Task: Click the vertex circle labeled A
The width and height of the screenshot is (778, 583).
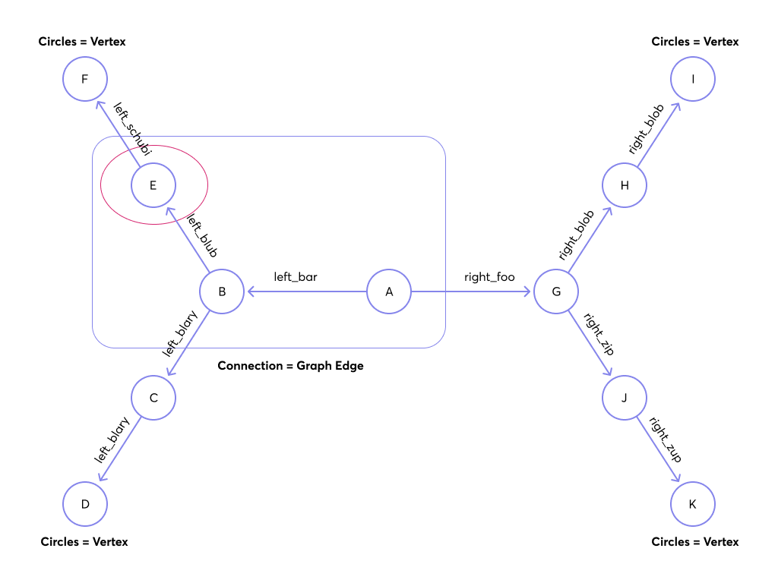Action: point(389,291)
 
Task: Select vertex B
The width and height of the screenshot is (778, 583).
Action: point(222,291)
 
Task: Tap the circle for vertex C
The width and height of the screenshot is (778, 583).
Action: point(153,398)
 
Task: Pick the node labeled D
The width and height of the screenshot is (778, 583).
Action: point(85,504)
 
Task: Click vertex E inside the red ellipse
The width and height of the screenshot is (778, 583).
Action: point(153,185)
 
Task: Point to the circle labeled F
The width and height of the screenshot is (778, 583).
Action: point(85,79)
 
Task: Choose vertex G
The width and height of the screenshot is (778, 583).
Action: point(556,291)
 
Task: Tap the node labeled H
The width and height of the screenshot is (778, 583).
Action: point(625,185)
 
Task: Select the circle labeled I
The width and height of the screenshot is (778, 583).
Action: point(693,79)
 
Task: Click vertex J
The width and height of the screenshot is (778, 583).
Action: point(625,398)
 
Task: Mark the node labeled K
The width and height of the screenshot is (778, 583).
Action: point(693,504)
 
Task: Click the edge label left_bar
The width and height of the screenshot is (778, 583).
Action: point(296,277)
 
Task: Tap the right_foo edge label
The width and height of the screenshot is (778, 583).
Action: point(489,277)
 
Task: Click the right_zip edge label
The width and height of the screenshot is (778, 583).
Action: point(599,333)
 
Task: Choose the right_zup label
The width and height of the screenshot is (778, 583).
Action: point(665,440)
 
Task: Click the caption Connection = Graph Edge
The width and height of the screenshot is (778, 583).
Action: point(290,366)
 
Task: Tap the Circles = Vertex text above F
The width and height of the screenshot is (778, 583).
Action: point(82,42)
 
